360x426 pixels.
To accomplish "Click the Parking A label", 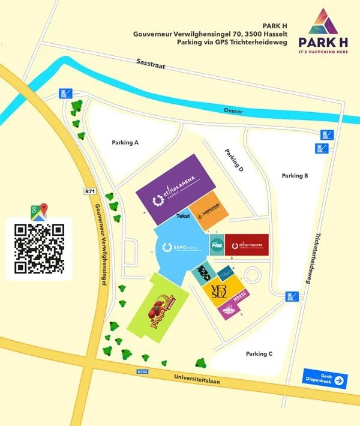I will (x=125, y=143).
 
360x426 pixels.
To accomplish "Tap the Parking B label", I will (x=295, y=176).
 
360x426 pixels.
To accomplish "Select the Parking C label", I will (x=259, y=354).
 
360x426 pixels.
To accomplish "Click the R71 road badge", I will (x=90, y=191).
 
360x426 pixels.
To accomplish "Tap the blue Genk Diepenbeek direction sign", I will (x=325, y=379).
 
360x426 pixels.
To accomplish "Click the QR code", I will (x=40, y=248).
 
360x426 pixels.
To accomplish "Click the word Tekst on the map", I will (x=184, y=215).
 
